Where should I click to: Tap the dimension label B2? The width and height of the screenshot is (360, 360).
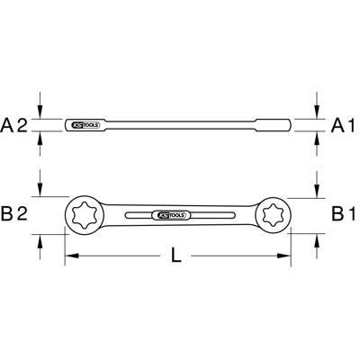coord(17,214)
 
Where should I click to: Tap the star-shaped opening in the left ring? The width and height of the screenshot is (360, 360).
coord(88,214)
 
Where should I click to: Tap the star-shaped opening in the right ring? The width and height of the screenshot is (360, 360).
coord(272,214)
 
